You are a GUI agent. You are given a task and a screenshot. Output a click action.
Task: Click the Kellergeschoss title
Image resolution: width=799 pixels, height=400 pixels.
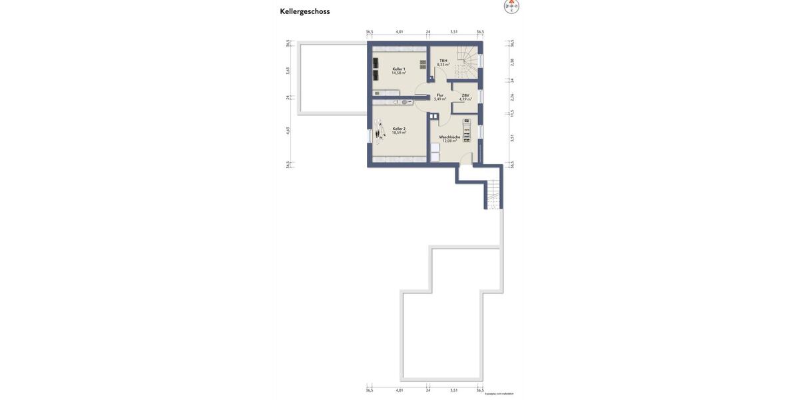click(x=305, y=11)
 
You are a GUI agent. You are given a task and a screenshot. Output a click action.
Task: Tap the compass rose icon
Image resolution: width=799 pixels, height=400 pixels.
click(x=511, y=6)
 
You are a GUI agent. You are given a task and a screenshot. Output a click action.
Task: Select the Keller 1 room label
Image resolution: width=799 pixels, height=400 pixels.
click(x=398, y=69)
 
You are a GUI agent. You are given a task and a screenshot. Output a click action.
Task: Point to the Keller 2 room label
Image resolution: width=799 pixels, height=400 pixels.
click(x=399, y=129)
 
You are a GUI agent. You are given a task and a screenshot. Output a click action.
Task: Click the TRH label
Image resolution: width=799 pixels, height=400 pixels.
click(x=443, y=61)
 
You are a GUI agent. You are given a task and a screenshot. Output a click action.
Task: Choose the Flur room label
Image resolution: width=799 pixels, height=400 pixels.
click(x=440, y=95)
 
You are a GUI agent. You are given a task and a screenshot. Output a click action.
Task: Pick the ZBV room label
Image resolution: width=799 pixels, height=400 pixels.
click(x=465, y=95)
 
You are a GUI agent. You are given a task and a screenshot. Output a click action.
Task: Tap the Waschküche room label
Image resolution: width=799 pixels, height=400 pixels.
click(x=449, y=137)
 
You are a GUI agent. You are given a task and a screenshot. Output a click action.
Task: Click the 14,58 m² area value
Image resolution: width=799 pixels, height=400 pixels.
click(x=398, y=73)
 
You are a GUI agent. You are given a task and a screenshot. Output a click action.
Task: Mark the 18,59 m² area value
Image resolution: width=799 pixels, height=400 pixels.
click(x=399, y=133)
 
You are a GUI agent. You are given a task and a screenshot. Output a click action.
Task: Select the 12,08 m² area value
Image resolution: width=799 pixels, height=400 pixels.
click(x=449, y=141)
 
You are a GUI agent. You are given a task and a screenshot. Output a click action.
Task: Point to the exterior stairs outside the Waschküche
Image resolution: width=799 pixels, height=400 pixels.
click(x=493, y=195)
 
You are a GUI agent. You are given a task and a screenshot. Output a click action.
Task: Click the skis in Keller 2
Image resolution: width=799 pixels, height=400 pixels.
click(x=378, y=132)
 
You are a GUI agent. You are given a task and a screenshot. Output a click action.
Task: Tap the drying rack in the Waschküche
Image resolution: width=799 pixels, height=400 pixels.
click(x=467, y=131)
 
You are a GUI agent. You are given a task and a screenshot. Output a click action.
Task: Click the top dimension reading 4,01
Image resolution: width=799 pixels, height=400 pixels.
click(x=400, y=31)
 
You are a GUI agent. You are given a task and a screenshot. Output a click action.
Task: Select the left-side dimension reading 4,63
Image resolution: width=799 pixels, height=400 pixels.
click(x=288, y=131)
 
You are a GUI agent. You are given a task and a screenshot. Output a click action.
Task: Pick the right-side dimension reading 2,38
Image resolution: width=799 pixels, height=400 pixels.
click(x=512, y=62)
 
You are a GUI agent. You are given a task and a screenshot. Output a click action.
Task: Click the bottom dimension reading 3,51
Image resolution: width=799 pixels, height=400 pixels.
click(x=453, y=390)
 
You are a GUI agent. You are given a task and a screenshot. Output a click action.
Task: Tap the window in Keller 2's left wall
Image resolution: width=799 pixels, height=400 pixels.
click(x=370, y=136)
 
